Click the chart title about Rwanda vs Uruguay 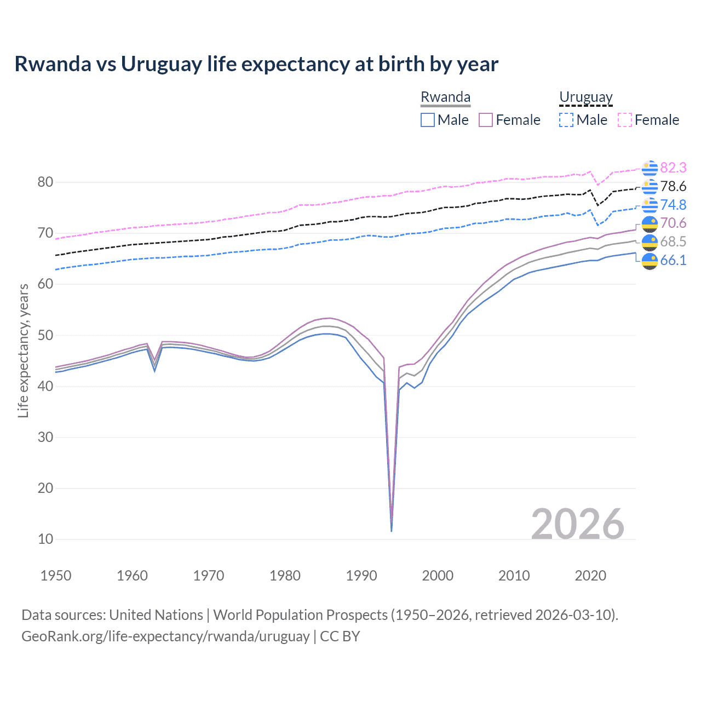(x=256, y=64)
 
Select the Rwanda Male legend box (x=428, y=120)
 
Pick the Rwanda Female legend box (x=486, y=120)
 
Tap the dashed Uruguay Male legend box (x=566, y=120)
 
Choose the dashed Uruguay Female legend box (x=625, y=120)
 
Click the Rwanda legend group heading (x=445, y=97)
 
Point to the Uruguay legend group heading (x=585, y=97)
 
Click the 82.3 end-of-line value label (x=673, y=168)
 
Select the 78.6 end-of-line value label (x=673, y=186)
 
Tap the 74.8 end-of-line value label (x=673, y=205)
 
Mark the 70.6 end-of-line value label (x=673, y=223)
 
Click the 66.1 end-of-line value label (x=673, y=260)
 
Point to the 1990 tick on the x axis (x=361, y=576)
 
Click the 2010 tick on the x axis (x=514, y=576)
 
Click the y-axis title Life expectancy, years (x=23, y=350)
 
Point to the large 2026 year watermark (x=577, y=524)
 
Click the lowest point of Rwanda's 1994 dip (x=391, y=530)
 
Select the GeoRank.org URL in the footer (x=165, y=636)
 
